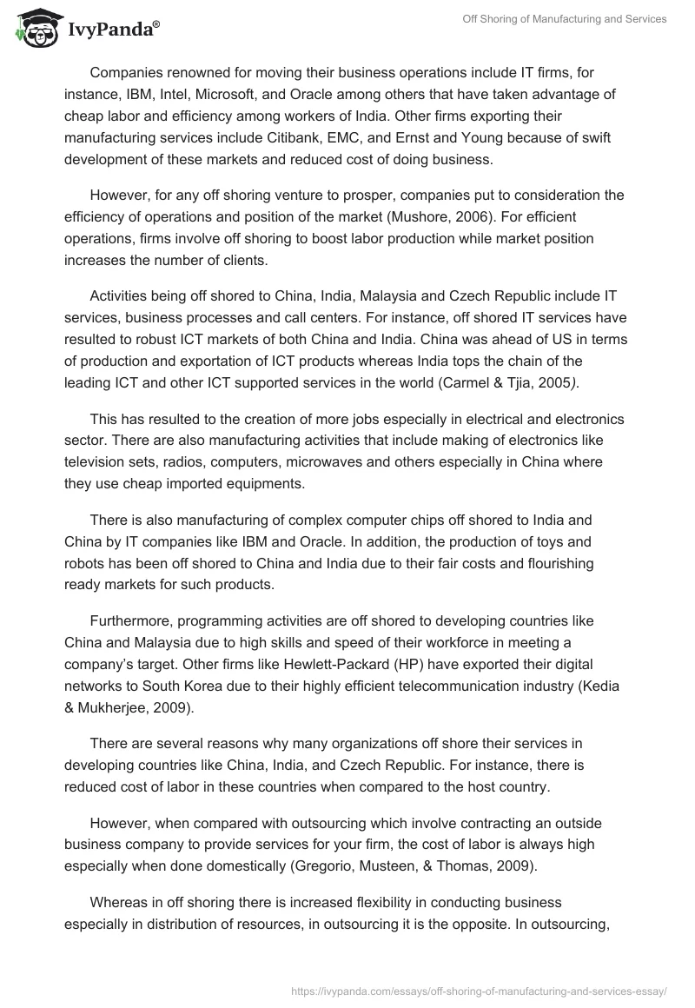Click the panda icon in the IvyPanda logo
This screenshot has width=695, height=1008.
[36, 30]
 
